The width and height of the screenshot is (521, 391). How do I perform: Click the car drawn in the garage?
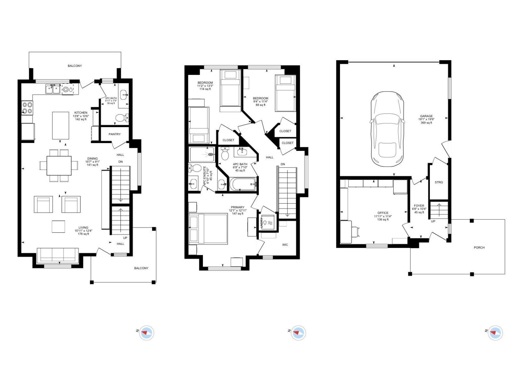point(387,129)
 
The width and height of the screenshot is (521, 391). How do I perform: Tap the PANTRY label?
point(115,134)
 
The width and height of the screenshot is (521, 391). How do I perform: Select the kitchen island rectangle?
point(61,125)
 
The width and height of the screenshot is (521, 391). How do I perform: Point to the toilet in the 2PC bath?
point(121,118)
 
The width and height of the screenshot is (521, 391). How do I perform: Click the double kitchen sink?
point(52,89)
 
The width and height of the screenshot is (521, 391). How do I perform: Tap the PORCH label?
point(479,248)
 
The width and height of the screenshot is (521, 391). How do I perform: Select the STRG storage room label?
point(439,182)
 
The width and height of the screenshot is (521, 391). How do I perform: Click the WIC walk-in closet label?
point(285,245)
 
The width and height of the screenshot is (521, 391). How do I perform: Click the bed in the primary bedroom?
point(208,228)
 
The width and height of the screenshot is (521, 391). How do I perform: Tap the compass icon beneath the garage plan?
point(495,333)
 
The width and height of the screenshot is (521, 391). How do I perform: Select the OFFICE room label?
point(383,213)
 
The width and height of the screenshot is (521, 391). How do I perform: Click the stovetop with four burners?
point(27,108)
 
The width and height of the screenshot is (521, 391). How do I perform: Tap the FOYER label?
point(419,206)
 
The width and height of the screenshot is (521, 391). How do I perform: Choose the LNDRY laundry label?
point(261,223)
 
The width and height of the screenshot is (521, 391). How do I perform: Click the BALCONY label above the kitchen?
point(75,66)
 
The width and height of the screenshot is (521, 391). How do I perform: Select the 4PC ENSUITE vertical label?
point(205,176)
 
